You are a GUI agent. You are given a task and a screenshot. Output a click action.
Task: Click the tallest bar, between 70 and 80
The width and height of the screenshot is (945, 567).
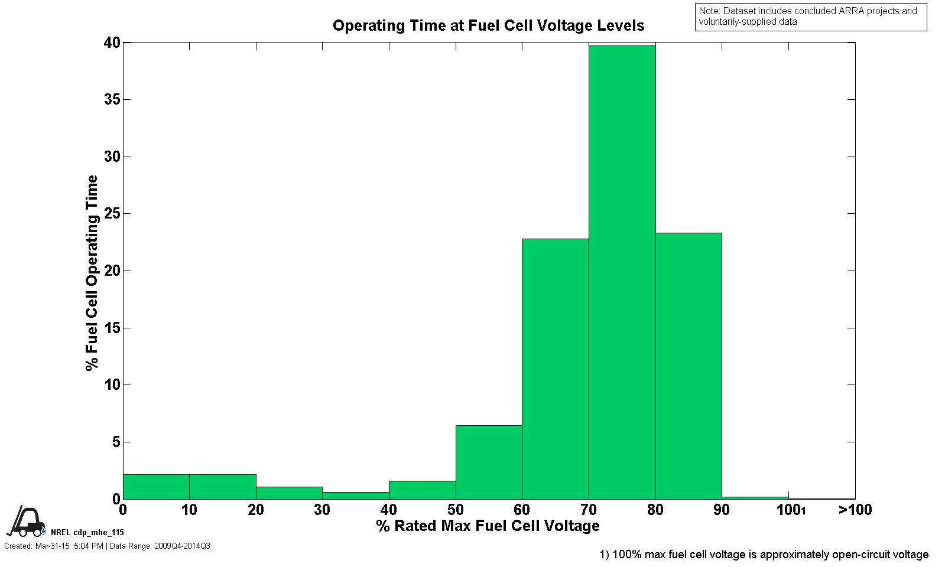pyautogui.click(x=622, y=272)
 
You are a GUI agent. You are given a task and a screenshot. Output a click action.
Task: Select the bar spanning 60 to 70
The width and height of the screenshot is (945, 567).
pyautogui.click(x=555, y=369)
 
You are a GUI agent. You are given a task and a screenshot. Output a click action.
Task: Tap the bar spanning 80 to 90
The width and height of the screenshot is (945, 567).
pyautogui.click(x=689, y=366)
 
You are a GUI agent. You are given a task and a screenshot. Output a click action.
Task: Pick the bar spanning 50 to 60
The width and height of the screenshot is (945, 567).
pyautogui.click(x=489, y=462)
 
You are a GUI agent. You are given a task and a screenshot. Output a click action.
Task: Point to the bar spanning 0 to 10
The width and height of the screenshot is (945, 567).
pyautogui.click(x=156, y=487)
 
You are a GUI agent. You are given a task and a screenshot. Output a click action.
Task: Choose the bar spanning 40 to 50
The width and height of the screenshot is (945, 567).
pyautogui.click(x=422, y=490)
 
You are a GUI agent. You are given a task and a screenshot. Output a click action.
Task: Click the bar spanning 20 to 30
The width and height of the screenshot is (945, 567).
pyautogui.click(x=289, y=493)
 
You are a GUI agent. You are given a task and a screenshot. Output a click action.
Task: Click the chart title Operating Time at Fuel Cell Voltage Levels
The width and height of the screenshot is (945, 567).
pyautogui.click(x=488, y=25)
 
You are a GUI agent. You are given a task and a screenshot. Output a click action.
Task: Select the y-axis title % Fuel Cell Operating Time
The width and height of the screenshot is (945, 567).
pyautogui.click(x=92, y=273)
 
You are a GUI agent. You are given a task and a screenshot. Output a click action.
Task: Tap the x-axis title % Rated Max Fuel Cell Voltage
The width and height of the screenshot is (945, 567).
pyautogui.click(x=488, y=526)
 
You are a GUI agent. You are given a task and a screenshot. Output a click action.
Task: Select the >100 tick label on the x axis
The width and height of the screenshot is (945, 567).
pyautogui.click(x=855, y=510)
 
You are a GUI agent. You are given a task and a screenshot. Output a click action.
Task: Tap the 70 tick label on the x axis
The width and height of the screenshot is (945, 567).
pyautogui.click(x=589, y=510)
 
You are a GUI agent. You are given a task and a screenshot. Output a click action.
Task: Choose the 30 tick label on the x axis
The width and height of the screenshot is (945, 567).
pyautogui.click(x=322, y=510)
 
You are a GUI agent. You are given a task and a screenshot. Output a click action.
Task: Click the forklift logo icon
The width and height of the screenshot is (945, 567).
pyautogui.click(x=26, y=522)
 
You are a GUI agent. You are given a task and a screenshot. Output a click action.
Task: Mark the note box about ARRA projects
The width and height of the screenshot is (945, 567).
pyautogui.click(x=810, y=17)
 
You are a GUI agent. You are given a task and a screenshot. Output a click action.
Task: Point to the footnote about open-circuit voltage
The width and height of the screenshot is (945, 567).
pyautogui.click(x=764, y=555)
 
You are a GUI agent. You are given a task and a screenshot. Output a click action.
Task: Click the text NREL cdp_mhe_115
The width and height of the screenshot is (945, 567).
pyautogui.click(x=87, y=532)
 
